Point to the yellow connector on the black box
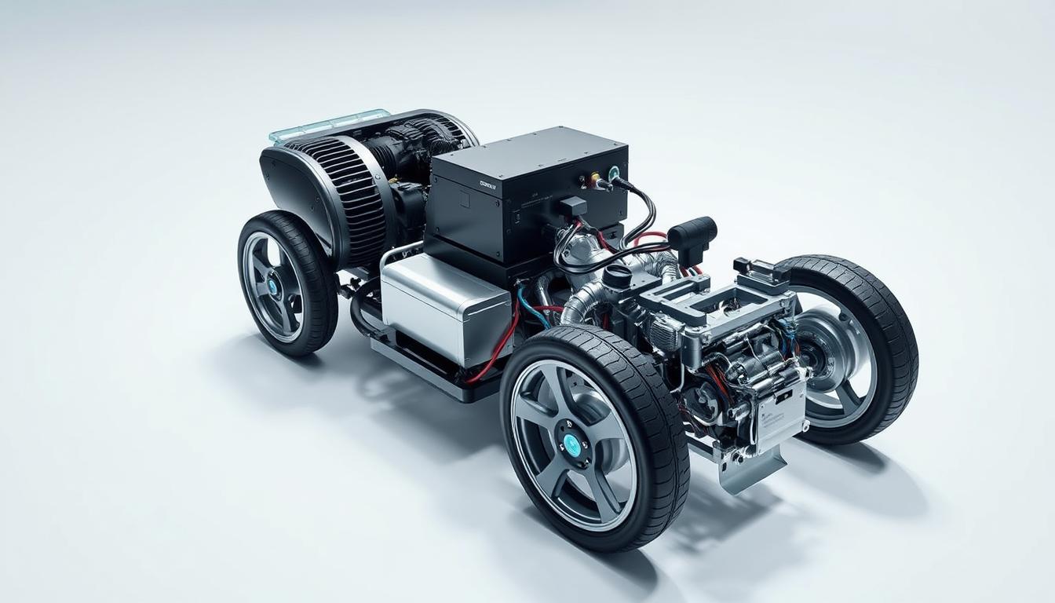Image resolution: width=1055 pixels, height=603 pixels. click(x=594, y=178)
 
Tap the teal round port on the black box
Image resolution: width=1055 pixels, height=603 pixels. click(x=613, y=172)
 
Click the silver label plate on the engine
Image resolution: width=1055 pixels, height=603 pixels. click(x=780, y=411)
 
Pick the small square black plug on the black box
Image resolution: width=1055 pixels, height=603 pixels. click(x=573, y=206)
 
